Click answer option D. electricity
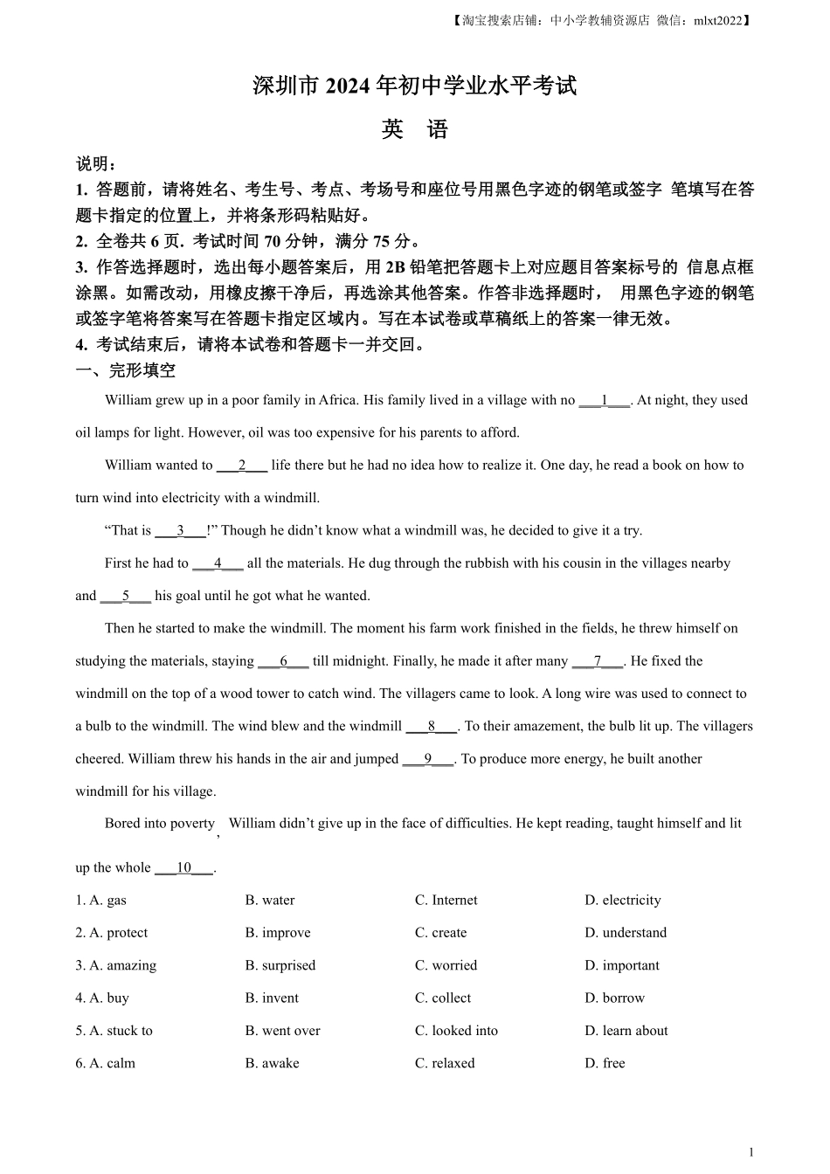622,901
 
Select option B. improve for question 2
277,933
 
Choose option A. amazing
115,965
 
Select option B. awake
272,1063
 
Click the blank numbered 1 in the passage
604,400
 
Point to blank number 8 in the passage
432,726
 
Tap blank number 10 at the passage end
183,867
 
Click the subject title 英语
414,130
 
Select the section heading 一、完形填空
126,370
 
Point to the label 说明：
96,164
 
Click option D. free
605,1063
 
